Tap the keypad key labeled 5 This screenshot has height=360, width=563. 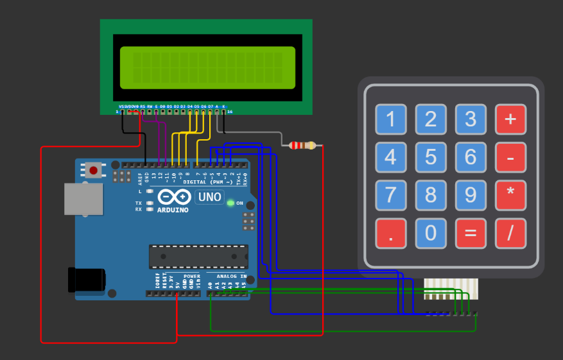(x=431, y=157)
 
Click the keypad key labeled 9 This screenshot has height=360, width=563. (x=471, y=195)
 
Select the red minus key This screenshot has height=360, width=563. (x=510, y=157)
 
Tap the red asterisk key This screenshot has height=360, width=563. (x=510, y=195)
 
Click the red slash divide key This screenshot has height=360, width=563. (x=510, y=234)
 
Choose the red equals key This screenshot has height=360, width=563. (x=471, y=234)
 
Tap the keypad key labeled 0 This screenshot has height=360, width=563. (x=431, y=234)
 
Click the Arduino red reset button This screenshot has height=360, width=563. (x=94, y=170)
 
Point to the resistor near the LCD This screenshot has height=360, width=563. (x=302, y=146)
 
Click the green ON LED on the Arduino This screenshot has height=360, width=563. (x=230, y=203)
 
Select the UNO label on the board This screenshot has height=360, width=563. (x=209, y=197)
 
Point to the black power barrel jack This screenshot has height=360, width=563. (x=87, y=280)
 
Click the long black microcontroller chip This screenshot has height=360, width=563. (x=198, y=256)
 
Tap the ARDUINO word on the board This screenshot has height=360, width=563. (x=173, y=210)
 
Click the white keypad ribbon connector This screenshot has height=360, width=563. (x=451, y=287)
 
